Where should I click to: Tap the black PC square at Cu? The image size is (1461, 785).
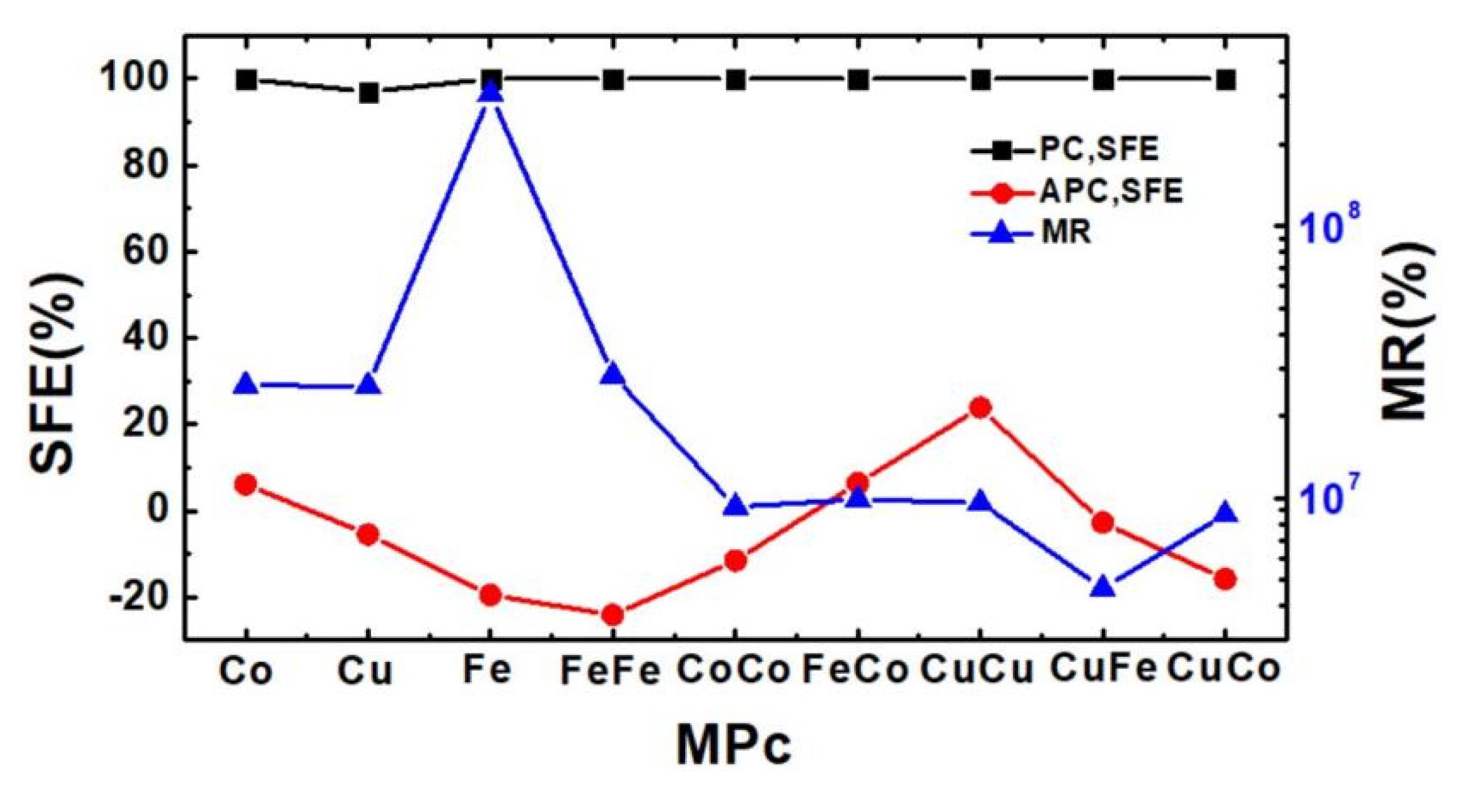[369, 93]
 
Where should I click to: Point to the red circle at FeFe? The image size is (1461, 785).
[613, 615]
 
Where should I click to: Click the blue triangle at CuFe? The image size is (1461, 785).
[1102, 587]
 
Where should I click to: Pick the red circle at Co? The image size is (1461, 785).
[246, 484]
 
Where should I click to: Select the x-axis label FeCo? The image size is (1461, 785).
[855, 670]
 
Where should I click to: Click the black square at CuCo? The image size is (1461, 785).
[1224, 80]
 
